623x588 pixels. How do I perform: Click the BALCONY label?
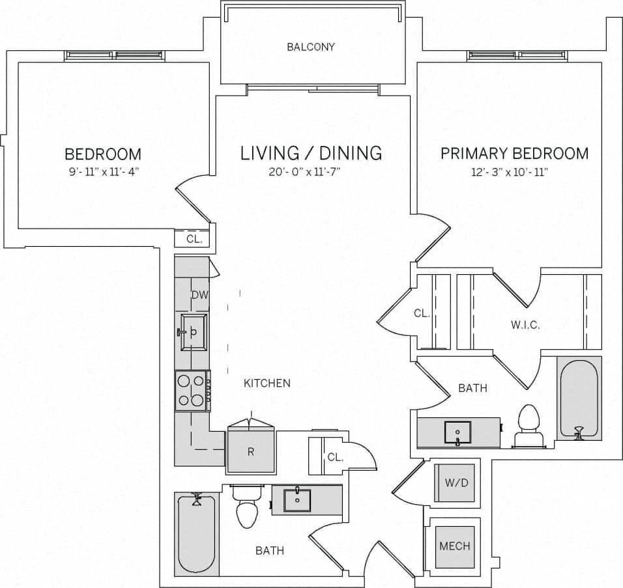click(311, 47)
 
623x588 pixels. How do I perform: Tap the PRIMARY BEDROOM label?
click(514, 154)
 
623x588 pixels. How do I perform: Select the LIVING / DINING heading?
click(311, 154)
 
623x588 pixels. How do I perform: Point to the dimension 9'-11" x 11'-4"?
click(102, 173)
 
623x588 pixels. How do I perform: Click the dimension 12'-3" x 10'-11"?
click(514, 173)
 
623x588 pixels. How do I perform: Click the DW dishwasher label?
click(199, 295)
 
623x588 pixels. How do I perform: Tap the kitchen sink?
click(194, 331)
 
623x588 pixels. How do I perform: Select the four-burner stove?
click(192, 391)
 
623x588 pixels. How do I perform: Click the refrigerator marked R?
click(250, 451)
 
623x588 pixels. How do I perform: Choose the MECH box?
click(454, 546)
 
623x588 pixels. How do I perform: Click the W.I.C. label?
click(525, 325)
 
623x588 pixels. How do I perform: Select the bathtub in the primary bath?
click(579, 399)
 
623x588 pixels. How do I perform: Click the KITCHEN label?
click(267, 383)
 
